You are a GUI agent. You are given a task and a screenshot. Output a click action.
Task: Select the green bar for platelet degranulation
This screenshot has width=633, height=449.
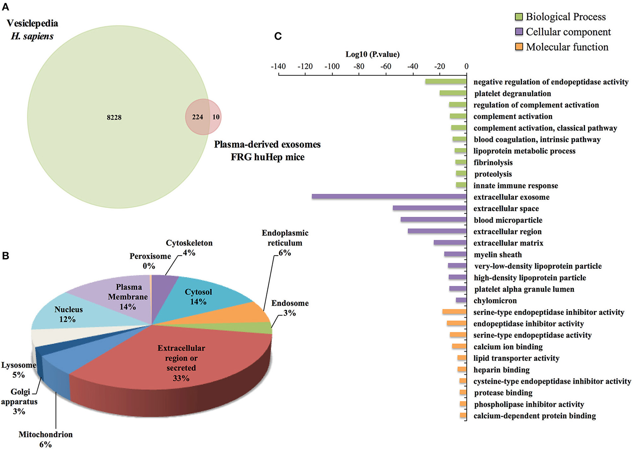pyautogui.click(x=453, y=93)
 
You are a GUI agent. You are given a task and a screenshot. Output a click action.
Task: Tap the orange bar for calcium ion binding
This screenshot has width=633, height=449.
pyautogui.click(x=459, y=346)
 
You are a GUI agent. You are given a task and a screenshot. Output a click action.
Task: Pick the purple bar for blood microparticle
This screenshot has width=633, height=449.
pyautogui.click(x=433, y=219)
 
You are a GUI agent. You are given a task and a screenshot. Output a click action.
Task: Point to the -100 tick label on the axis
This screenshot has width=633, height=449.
pyautogui.click(x=332, y=66)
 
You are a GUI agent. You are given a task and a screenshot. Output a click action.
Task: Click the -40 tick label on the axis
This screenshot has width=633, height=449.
pyautogui.click(x=413, y=66)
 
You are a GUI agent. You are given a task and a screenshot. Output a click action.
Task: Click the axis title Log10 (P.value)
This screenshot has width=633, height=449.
pyautogui.click(x=372, y=54)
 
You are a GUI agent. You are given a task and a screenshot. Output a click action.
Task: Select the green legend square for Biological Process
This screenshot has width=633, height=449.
pyautogui.click(x=519, y=17)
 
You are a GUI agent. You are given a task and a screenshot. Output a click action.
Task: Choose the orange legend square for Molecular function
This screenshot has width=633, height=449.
pyautogui.click(x=519, y=47)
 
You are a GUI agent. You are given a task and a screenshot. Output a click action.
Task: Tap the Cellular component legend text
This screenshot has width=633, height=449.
pyautogui.click(x=568, y=32)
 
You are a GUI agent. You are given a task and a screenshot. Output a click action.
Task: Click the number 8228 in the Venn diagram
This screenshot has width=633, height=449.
pyautogui.click(x=114, y=117)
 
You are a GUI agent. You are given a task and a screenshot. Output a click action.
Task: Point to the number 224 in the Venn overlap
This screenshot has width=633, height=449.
pyautogui.click(x=198, y=117)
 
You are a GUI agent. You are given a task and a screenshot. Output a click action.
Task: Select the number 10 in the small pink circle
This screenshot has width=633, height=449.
pyautogui.click(x=216, y=117)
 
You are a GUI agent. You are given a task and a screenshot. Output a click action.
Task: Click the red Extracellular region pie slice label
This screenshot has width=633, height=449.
pyautogui.click(x=181, y=363)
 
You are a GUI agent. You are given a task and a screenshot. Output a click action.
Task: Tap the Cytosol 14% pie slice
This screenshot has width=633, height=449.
pyautogui.click(x=198, y=297)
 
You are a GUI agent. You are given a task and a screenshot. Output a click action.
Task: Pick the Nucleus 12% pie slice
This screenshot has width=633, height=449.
pyautogui.click(x=68, y=314)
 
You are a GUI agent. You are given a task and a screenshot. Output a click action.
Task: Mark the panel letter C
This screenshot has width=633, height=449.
pyautogui.click(x=278, y=36)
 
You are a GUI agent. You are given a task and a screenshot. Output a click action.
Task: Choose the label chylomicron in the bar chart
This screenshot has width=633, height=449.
pyautogui.click(x=495, y=301)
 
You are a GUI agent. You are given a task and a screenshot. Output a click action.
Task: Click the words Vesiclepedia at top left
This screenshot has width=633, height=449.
pyautogui.click(x=32, y=23)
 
